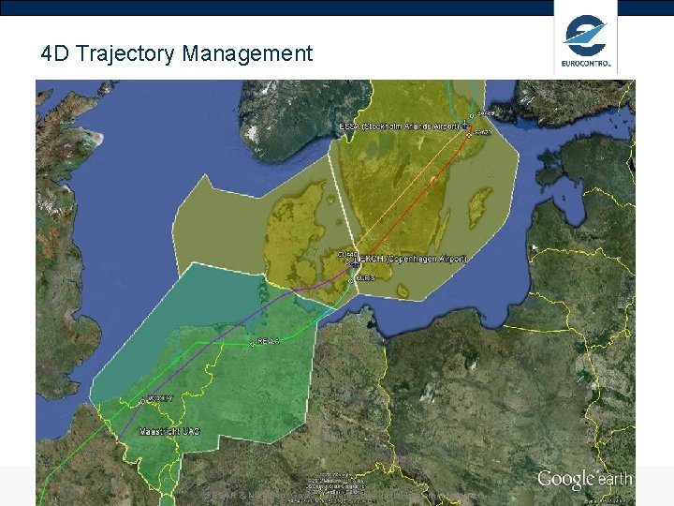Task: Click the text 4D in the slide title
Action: [55, 53]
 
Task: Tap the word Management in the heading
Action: [247, 53]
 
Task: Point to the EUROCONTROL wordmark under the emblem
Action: [586, 65]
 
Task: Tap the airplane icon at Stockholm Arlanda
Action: [465, 124]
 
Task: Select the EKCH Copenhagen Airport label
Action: [412, 257]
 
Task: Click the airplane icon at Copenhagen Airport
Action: [356, 262]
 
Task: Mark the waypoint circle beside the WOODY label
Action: [142, 401]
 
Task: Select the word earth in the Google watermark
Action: [615, 480]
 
